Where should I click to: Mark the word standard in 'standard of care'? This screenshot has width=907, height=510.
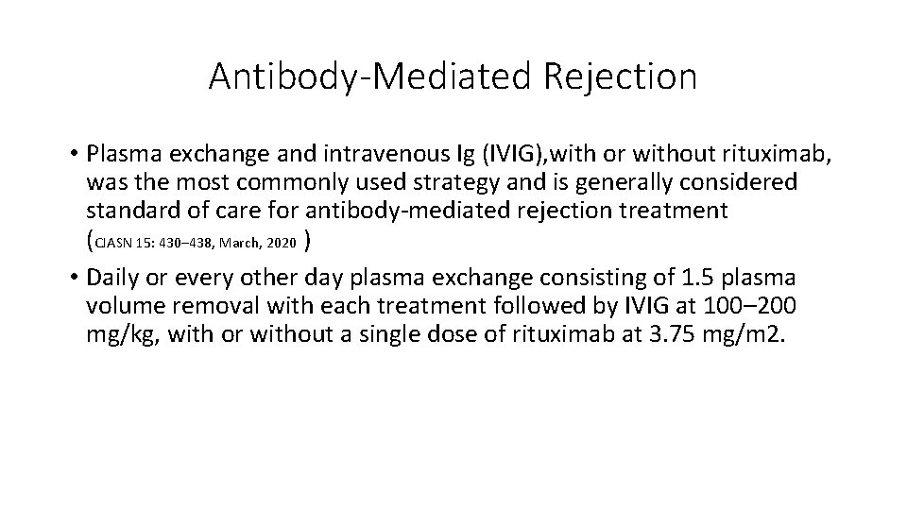coord(129,210)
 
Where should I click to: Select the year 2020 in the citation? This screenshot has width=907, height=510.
coord(281,244)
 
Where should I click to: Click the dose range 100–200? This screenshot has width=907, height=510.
coord(752,308)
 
